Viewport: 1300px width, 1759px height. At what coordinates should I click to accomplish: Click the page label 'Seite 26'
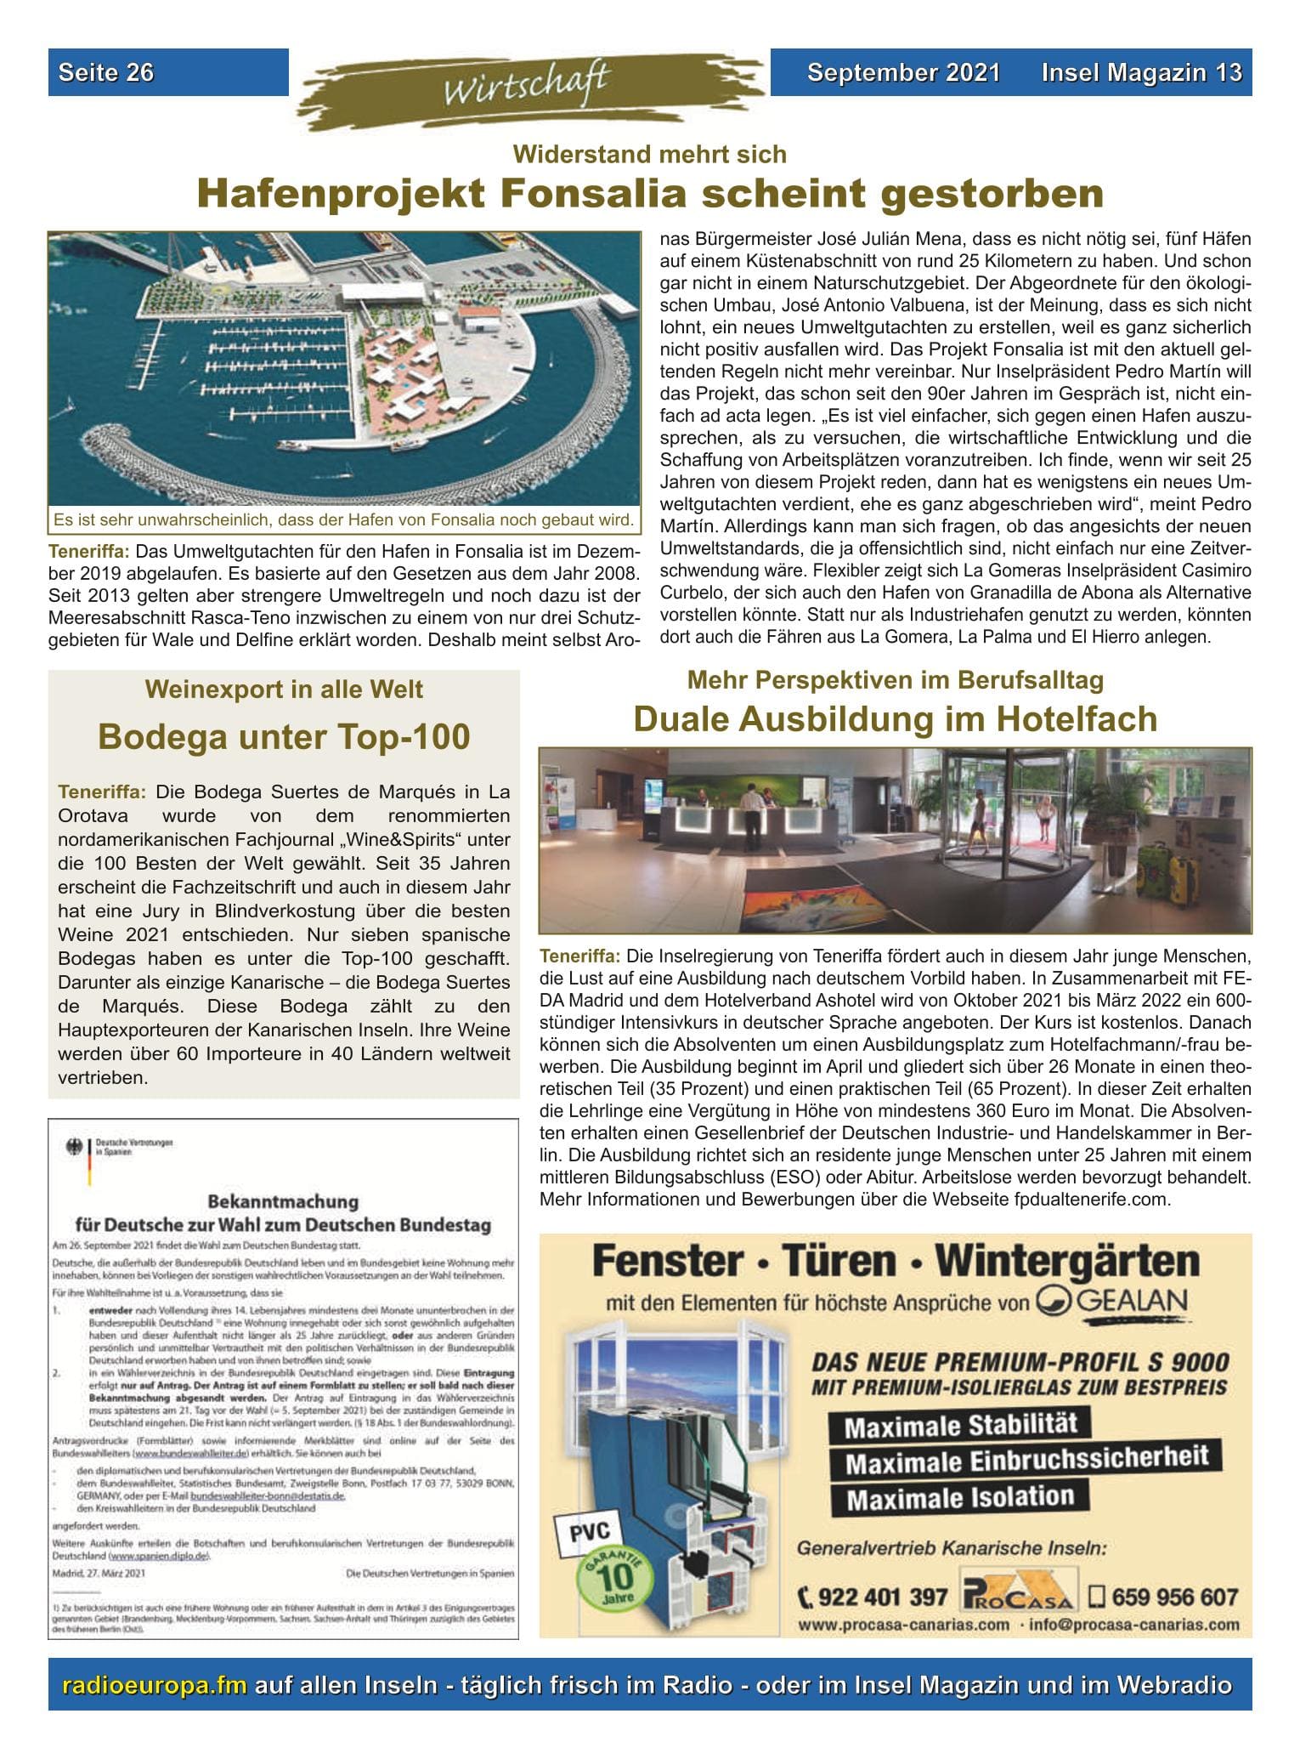106,73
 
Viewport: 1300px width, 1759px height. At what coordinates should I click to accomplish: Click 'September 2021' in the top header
903,73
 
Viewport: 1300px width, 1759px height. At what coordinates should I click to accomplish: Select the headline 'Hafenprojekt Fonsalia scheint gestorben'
650,194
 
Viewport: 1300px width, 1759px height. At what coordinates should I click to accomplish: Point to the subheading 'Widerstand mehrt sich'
650,155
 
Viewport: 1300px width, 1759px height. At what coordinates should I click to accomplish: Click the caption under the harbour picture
343,519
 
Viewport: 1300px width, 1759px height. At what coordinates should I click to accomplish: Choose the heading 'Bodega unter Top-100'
284,736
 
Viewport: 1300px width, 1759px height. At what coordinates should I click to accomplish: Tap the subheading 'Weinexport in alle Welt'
284,689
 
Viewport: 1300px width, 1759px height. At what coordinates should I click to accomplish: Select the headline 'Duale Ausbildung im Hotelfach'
895,719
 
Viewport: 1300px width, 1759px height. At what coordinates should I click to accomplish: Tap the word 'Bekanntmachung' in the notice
283,1202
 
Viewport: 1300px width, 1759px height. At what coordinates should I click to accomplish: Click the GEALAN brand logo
1111,1302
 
